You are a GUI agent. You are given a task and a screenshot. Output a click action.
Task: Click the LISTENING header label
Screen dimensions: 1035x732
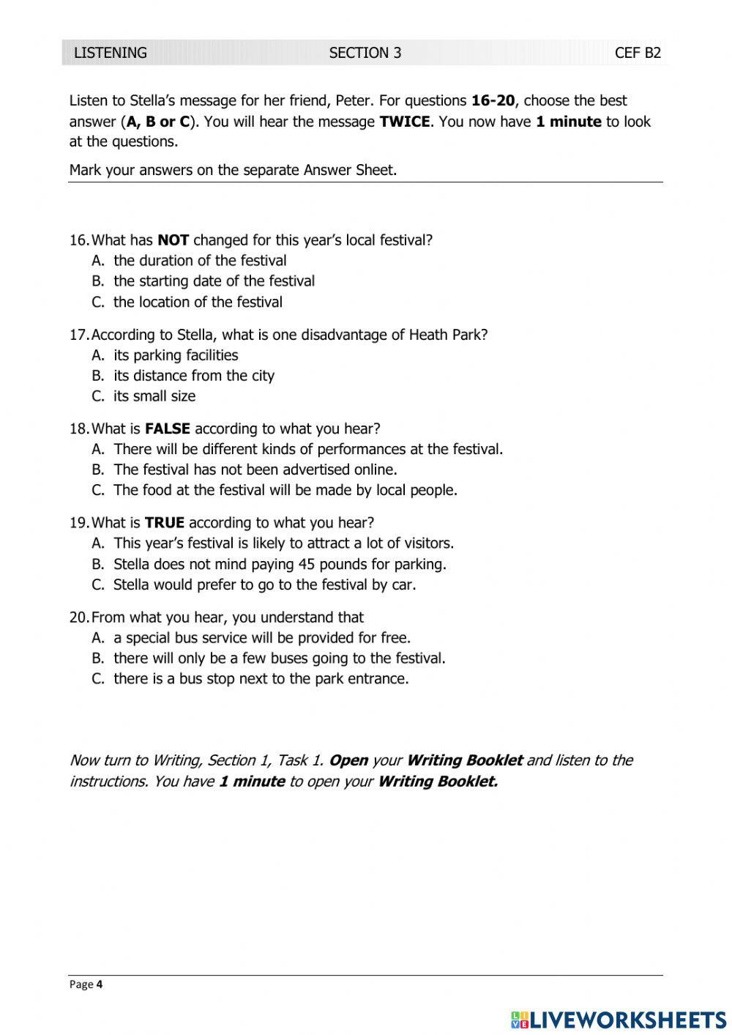111,53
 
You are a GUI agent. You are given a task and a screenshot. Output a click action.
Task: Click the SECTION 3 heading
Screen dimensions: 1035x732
365,53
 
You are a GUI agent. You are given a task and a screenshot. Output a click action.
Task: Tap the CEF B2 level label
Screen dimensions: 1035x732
637,53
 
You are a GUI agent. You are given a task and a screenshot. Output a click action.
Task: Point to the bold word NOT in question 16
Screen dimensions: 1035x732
173,240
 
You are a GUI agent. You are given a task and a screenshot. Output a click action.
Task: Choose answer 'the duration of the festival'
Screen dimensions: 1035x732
200,261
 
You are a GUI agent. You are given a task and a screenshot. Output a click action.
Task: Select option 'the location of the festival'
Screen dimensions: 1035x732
198,302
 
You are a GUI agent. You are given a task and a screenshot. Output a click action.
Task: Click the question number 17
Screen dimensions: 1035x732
78,335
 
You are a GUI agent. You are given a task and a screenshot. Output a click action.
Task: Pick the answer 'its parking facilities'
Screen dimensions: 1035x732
176,355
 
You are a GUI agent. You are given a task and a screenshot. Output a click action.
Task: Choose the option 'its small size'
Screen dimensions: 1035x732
154,396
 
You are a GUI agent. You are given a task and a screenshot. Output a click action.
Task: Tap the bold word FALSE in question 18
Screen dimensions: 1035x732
168,429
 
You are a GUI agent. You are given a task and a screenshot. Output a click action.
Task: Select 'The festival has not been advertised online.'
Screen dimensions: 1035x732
255,470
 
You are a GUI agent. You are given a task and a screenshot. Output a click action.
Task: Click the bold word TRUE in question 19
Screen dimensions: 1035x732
165,523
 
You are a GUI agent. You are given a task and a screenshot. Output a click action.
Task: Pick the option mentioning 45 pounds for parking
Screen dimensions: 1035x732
280,564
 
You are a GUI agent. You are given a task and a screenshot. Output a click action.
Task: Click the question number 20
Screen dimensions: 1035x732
78,617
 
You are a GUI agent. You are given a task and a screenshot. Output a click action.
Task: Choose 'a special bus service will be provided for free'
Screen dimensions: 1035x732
262,638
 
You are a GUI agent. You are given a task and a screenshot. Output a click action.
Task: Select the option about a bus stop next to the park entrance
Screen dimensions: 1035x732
261,679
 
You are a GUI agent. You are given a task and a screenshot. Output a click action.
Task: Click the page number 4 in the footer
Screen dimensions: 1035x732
100,984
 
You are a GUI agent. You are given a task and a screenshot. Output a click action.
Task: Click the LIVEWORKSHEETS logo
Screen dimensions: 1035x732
619,1020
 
